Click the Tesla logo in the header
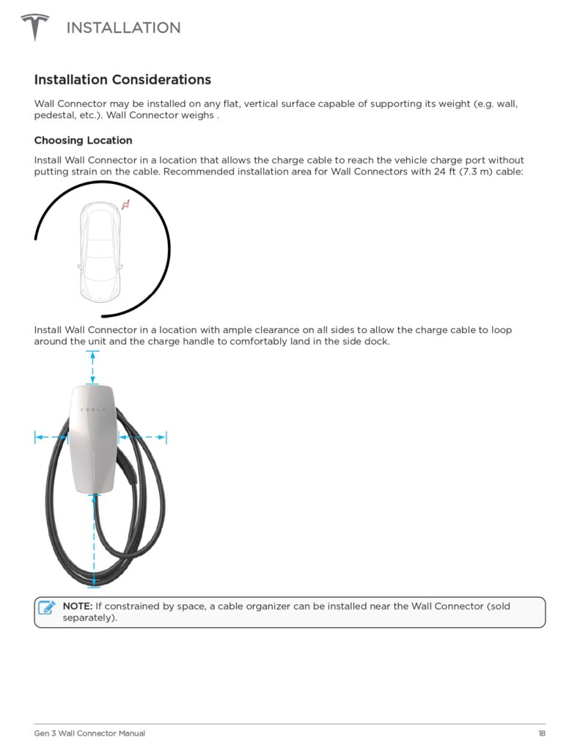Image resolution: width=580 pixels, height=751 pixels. tap(34, 27)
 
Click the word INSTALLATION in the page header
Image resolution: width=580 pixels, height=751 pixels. tap(123, 28)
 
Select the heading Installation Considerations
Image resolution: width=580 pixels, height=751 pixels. tap(122, 80)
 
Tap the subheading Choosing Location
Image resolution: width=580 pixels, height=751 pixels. tap(83, 140)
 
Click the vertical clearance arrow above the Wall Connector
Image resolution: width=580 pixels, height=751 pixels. tap(92, 367)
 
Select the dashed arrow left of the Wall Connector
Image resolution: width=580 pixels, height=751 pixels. tap(51, 437)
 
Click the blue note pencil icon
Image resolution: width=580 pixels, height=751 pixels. tap(47, 607)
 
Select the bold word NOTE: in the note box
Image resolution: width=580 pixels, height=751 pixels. tap(77, 607)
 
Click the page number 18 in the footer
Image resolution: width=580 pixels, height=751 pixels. tap(541, 733)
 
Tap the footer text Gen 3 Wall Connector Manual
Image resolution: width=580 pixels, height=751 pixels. tap(89, 733)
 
